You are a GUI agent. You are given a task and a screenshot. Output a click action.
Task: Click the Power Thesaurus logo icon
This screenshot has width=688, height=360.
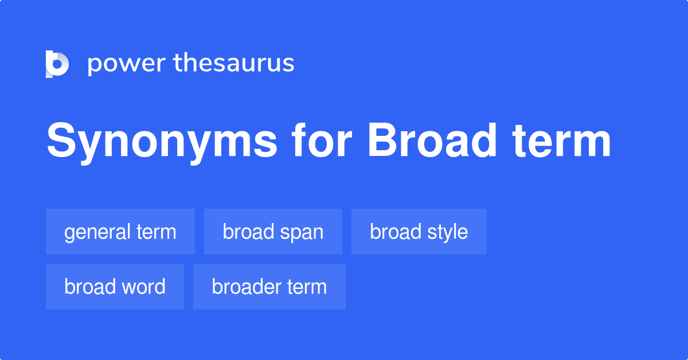(57, 64)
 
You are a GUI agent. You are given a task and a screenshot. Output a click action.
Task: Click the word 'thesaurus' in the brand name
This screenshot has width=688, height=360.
(234, 64)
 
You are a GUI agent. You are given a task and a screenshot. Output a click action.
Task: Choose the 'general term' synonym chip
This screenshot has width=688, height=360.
(120, 232)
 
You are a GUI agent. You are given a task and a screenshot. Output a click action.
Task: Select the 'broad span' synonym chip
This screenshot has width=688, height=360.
(273, 232)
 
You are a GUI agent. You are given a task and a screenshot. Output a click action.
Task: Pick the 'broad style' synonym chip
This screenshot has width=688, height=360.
(419, 232)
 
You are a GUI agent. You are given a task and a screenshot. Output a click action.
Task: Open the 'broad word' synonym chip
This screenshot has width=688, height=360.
(115, 287)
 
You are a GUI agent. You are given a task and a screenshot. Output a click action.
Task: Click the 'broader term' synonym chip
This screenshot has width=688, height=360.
(269, 287)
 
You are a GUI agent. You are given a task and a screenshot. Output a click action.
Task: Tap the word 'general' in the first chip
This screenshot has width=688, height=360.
(97, 233)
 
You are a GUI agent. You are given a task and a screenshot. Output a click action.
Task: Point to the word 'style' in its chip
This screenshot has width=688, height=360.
(447, 233)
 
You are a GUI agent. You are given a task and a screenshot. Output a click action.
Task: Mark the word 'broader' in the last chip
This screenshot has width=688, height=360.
(247, 287)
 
